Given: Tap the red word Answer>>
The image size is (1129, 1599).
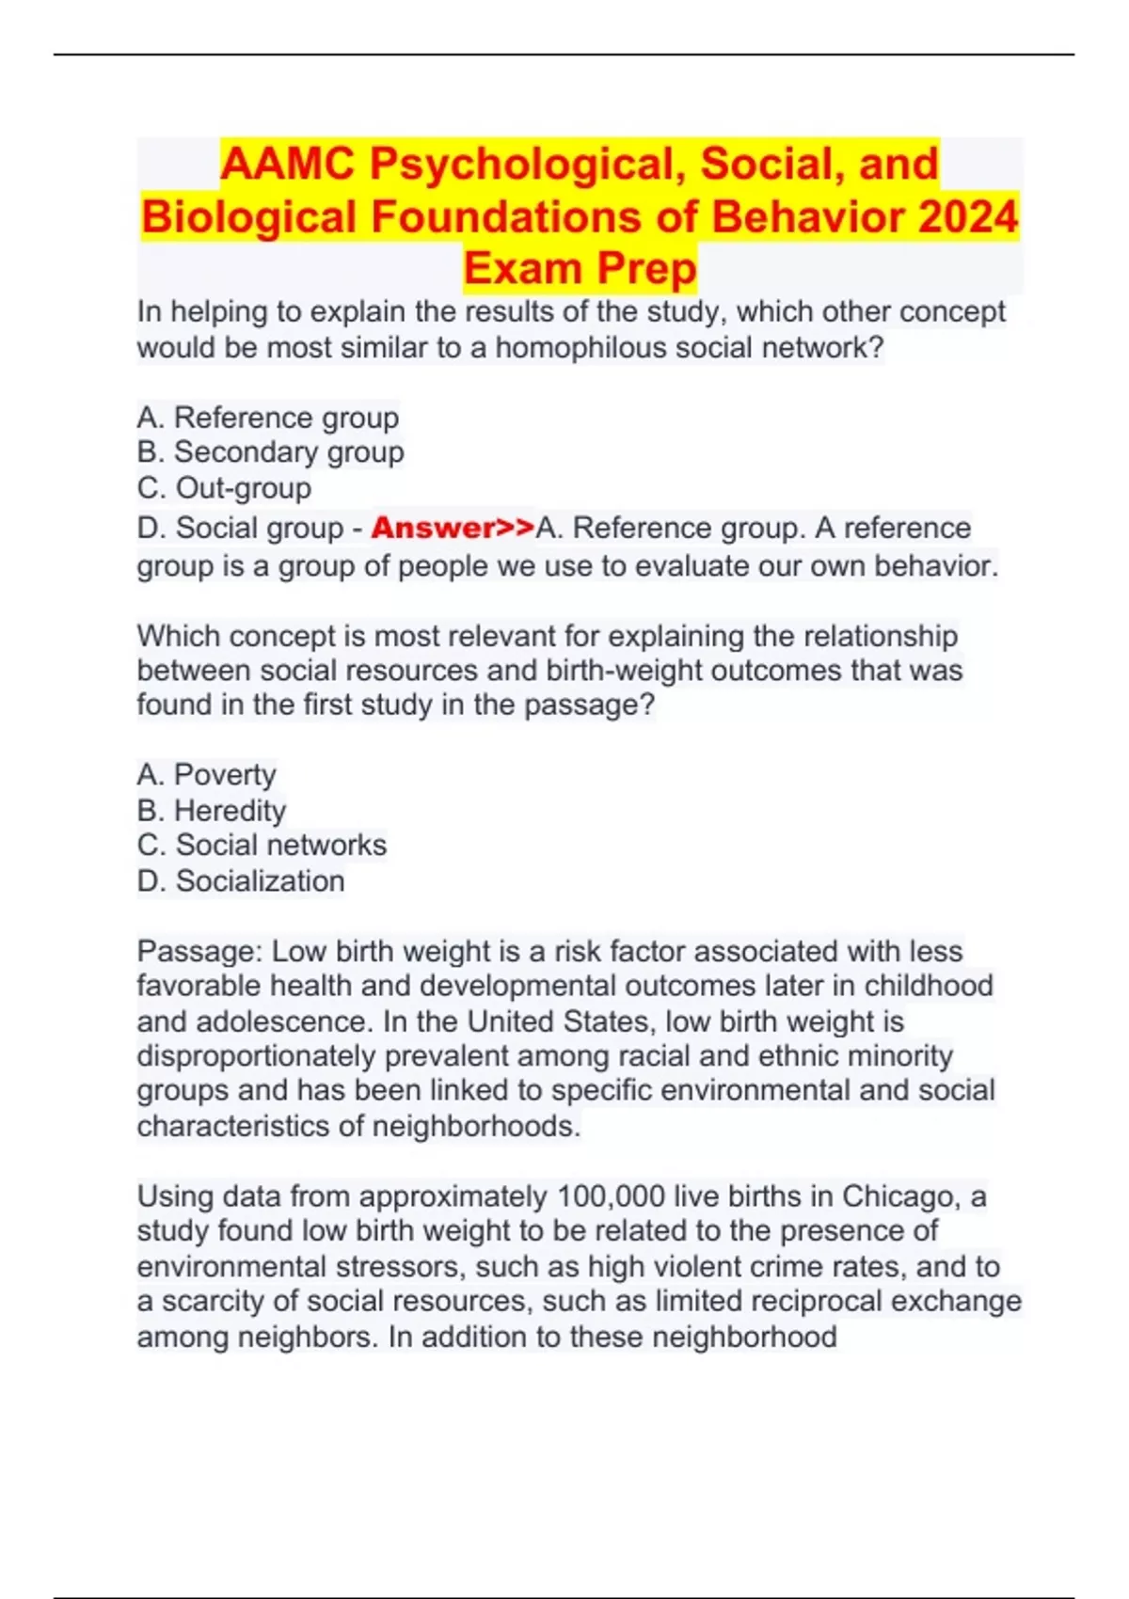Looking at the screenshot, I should coord(453,528).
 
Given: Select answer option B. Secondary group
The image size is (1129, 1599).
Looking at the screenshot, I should coord(271,452).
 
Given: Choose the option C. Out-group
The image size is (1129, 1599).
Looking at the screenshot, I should coord(224,488).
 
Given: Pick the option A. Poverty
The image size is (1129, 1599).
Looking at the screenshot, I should coord(207,774).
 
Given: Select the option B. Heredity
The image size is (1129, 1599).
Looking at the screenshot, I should coord(212,810).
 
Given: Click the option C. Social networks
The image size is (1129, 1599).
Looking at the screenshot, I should coord(262,845).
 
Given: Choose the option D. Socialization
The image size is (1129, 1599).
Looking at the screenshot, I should coord(241,880).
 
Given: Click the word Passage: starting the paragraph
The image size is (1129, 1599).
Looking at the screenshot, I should coord(199,951).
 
